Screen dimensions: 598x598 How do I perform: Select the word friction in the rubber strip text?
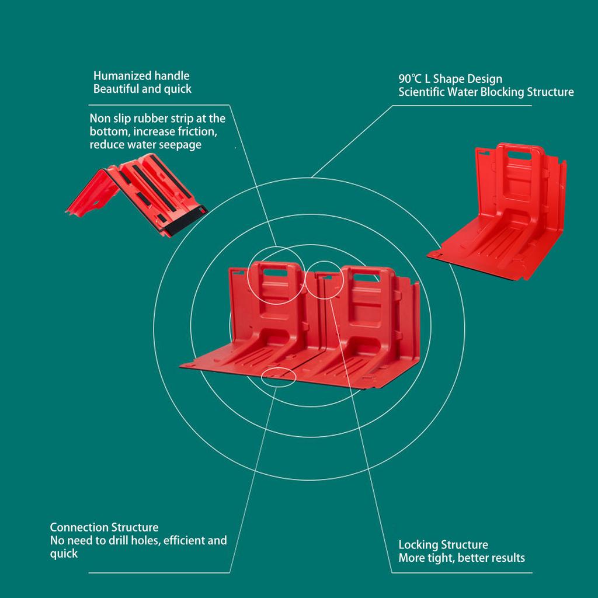[x=201, y=131]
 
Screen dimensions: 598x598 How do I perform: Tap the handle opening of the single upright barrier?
[x=519, y=155]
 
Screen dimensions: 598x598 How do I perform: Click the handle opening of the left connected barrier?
[x=276, y=273]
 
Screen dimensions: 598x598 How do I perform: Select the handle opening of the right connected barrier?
[x=366, y=277]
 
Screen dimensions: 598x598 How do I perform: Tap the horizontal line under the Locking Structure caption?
[x=462, y=572]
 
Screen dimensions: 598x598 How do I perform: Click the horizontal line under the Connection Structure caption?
[x=159, y=572]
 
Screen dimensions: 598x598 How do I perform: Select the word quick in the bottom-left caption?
[x=64, y=554]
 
